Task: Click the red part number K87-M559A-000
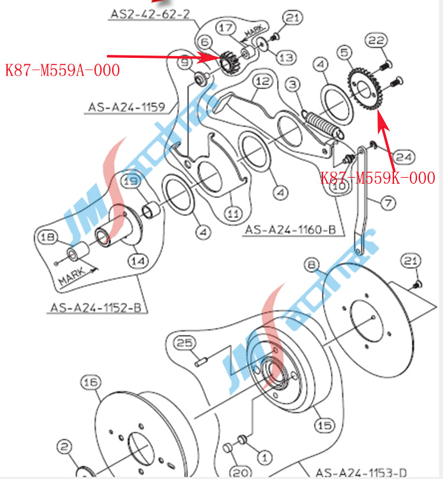pyautogui.click(x=63, y=70)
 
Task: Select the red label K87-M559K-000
pyautogui.click(x=377, y=178)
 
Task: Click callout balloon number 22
pyautogui.click(x=377, y=41)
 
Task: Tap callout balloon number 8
pyautogui.click(x=312, y=263)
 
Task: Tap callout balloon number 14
pyautogui.click(x=139, y=260)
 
